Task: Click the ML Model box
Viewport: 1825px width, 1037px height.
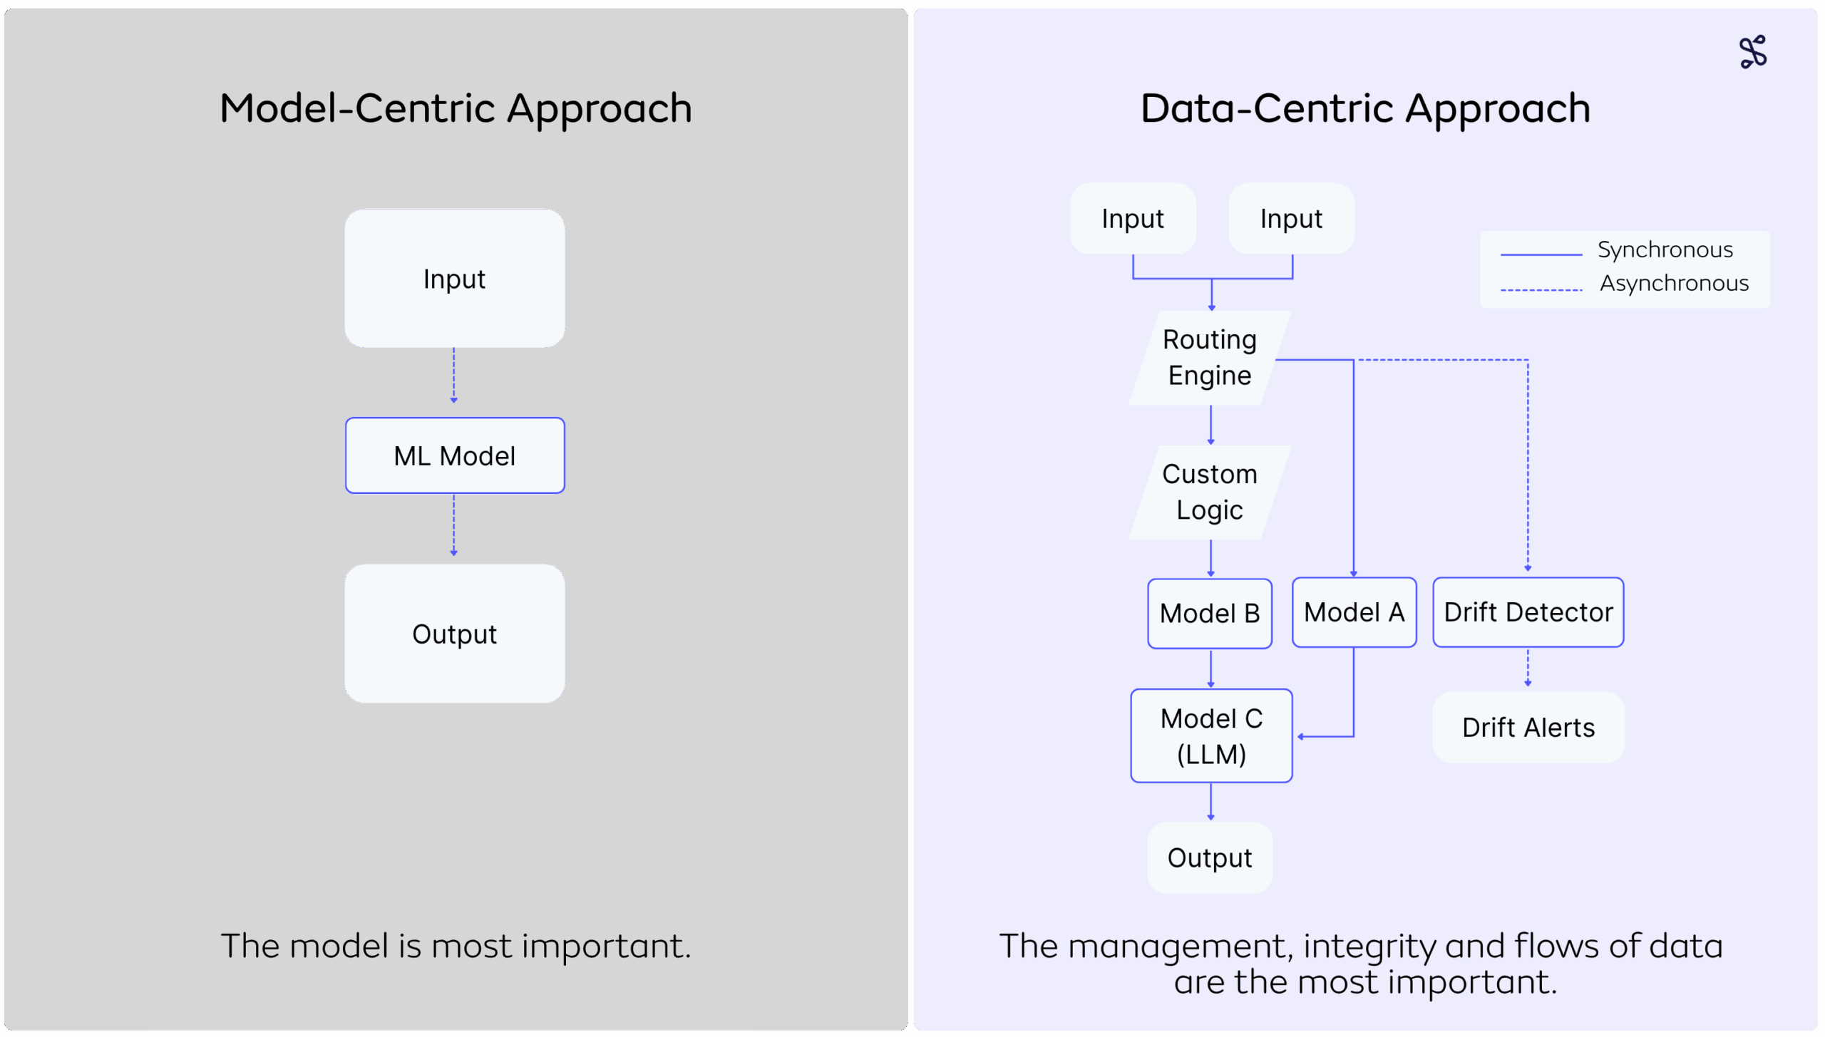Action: pyautogui.click(x=455, y=455)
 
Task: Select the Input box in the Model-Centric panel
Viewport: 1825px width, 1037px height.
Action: pyautogui.click(x=455, y=278)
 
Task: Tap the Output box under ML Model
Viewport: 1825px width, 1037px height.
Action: pyautogui.click(x=455, y=634)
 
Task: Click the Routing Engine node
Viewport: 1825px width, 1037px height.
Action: pyautogui.click(x=1210, y=358)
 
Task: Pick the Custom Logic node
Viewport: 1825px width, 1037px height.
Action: pyautogui.click(x=1210, y=492)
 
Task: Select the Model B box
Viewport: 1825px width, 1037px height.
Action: pyautogui.click(x=1210, y=613)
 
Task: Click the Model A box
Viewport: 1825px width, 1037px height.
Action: pyautogui.click(x=1354, y=612)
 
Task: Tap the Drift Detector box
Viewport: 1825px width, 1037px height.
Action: pyautogui.click(x=1528, y=612)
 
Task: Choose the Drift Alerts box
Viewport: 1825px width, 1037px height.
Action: pyautogui.click(x=1528, y=728)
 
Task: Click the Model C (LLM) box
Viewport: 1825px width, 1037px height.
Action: pyautogui.click(x=1211, y=736)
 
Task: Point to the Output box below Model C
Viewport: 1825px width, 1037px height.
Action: pyautogui.click(x=1210, y=857)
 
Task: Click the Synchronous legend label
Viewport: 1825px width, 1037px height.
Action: pyautogui.click(x=1665, y=250)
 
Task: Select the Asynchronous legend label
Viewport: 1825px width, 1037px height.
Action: pyautogui.click(x=1674, y=284)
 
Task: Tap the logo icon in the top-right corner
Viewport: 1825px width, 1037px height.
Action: pyautogui.click(x=1753, y=52)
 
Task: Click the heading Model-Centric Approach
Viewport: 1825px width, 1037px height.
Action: pyautogui.click(x=456, y=109)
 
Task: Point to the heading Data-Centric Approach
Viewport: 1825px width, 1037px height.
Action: pyautogui.click(x=1365, y=109)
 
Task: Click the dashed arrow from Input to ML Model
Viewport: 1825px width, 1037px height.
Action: pyautogui.click(x=453, y=376)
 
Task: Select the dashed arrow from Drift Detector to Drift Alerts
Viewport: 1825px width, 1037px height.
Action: pyautogui.click(x=1528, y=667)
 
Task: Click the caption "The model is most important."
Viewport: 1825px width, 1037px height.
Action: pyautogui.click(x=456, y=946)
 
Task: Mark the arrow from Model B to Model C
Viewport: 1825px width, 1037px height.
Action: pyautogui.click(x=1210, y=669)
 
